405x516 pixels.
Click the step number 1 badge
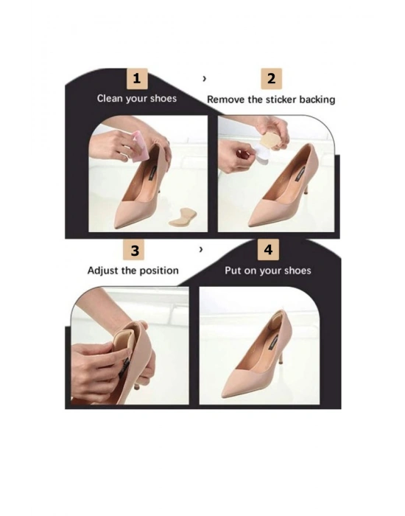click(137, 79)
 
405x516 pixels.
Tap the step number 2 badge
click(272, 79)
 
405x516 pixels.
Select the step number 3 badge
click(134, 250)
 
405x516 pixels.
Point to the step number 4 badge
click(269, 249)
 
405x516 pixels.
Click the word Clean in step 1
click(109, 98)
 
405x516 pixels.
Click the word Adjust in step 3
click(103, 271)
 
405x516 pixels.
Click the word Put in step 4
click(233, 271)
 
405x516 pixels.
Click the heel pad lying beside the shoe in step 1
click(183, 217)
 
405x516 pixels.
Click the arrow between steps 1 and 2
click(205, 79)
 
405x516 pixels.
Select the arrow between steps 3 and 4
click(201, 249)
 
